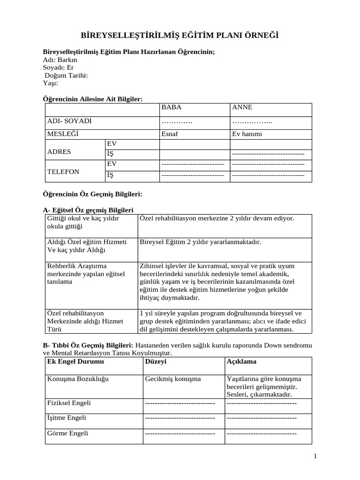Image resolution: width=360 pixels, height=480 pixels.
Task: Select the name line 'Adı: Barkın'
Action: click(60, 60)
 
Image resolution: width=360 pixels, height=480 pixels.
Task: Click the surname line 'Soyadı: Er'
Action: click(58, 67)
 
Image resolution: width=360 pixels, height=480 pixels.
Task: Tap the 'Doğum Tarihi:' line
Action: click(66, 75)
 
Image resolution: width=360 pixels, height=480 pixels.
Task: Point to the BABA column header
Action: click(171, 107)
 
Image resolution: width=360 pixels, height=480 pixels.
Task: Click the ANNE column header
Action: click(242, 107)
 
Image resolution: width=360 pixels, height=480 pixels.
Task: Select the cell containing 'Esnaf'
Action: click(170, 134)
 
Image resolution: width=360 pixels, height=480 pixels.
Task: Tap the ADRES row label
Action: click(59, 152)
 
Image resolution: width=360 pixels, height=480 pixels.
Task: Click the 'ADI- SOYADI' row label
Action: click(69, 121)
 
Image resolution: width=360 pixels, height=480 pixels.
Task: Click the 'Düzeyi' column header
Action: click(156, 362)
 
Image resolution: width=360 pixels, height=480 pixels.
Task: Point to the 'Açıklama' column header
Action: click(241, 362)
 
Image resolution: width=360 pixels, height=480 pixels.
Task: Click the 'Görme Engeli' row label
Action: click(67, 433)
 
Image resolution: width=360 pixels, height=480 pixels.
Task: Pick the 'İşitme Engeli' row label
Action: click(67, 418)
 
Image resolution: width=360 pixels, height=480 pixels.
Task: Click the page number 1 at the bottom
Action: click(315, 456)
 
